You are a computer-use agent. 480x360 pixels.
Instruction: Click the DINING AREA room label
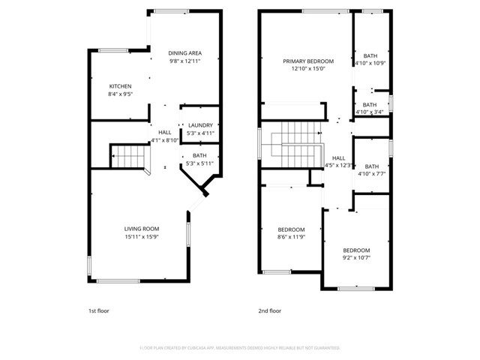[184, 53]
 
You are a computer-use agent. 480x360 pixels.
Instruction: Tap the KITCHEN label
[121, 86]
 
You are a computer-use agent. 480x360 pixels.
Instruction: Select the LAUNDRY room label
[200, 125]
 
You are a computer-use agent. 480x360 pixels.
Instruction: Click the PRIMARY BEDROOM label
[307, 61]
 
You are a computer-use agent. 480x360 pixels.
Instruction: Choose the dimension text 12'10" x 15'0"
[307, 69]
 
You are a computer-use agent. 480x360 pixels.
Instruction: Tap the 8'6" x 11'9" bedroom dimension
[291, 237]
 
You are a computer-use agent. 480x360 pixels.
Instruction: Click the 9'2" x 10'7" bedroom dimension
[356, 258]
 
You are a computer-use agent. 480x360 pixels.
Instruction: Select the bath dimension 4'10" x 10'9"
[370, 63]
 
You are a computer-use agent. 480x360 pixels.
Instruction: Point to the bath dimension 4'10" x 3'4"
[370, 112]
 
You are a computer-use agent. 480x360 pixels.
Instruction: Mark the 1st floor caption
[98, 310]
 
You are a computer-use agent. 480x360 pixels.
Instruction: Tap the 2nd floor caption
[269, 310]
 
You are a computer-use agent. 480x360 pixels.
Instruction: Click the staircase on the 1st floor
[127, 156]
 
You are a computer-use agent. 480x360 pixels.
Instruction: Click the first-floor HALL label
[164, 132]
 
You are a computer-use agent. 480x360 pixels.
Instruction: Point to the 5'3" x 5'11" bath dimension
[199, 163]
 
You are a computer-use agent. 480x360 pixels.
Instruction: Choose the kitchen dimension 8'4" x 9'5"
[121, 94]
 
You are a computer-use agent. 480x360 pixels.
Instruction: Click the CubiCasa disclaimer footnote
[240, 348]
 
